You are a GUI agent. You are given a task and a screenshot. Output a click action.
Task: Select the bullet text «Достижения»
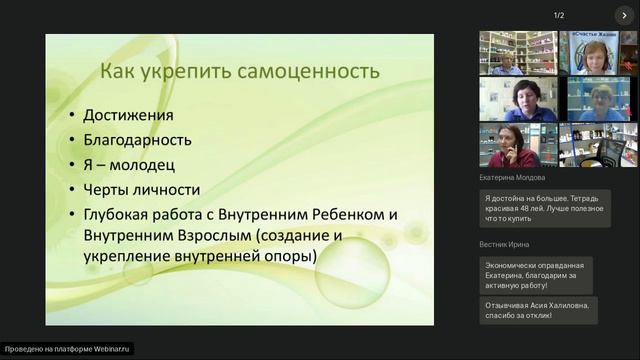[x=128, y=115]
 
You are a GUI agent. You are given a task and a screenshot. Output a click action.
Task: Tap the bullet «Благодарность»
[x=138, y=140]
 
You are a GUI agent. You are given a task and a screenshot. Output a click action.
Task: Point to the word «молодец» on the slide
[x=158, y=164]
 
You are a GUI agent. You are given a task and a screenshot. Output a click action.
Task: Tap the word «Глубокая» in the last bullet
[x=123, y=214]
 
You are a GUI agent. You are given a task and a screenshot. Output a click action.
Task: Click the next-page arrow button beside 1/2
[x=624, y=15]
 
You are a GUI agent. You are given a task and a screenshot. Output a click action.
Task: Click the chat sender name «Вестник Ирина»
[x=505, y=244]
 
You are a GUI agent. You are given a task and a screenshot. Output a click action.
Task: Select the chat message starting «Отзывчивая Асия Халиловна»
[x=537, y=310]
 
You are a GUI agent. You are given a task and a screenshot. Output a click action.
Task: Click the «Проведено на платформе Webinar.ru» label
[x=68, y=349]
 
